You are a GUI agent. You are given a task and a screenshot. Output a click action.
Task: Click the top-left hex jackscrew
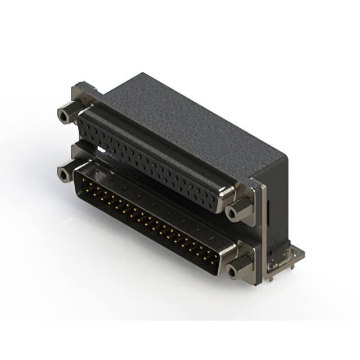66,115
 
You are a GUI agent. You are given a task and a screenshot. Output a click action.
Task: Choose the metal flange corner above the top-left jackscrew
79,90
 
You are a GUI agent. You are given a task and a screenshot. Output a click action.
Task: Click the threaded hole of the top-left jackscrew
63,117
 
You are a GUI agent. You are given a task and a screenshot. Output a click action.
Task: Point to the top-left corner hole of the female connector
84,120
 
